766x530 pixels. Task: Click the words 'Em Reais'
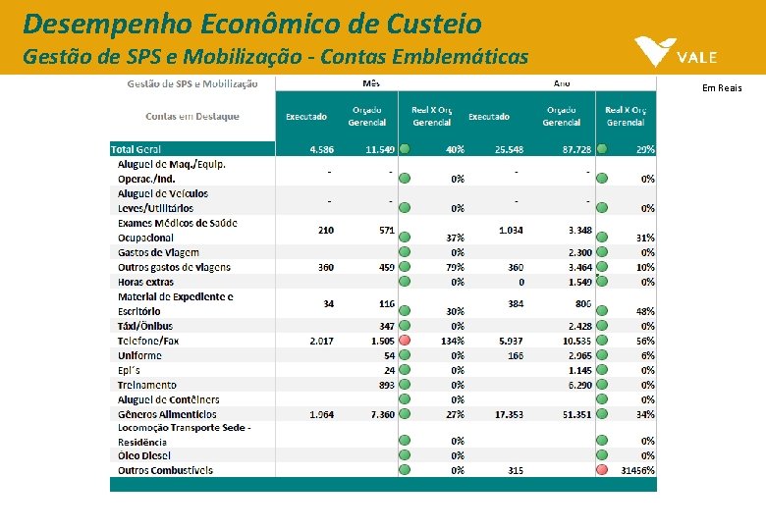(722, 88)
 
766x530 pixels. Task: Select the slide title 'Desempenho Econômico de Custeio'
(252, 23)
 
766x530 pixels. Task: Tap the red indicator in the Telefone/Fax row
(404, 341)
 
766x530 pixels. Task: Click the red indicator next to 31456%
(602, 470)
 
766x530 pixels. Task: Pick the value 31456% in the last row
(637, 470)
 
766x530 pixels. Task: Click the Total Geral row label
(137, 149)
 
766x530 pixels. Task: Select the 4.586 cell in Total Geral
(321, 149)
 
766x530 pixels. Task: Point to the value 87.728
(576, 149)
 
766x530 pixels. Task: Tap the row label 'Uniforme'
(139, 355)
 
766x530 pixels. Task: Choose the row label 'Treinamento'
(147, 385)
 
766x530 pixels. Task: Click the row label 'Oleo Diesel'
(143, 455)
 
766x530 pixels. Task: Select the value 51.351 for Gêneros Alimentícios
(576, 414)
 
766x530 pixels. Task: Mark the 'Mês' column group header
(371, 84)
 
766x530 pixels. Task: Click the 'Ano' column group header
(562, 84)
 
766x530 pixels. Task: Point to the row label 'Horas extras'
(145, 282)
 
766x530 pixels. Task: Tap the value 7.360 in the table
(380, 414)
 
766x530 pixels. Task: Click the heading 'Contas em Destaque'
(192, 116)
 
